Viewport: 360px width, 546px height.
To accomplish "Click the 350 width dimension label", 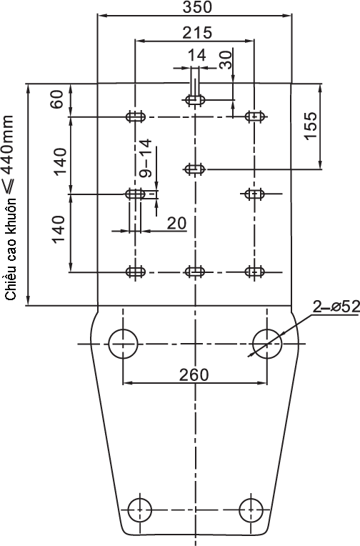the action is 197,7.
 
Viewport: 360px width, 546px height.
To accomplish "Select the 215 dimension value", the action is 197,32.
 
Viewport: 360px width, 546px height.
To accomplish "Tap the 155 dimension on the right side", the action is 311,126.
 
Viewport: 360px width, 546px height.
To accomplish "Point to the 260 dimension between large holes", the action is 194,374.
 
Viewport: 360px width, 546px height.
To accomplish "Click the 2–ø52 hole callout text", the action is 336,307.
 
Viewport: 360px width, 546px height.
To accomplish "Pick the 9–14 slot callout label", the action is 146,159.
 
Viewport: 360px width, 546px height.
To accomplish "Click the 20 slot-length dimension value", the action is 176,223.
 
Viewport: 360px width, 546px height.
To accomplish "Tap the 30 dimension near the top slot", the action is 226,59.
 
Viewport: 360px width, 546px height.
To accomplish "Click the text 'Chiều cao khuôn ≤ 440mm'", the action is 10,208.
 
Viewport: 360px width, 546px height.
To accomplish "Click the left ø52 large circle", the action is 123,344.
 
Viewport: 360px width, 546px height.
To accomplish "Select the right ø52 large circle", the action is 267,344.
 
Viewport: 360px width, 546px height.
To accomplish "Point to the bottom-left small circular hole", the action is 139,510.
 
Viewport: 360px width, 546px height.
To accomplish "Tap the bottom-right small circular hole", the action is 251,510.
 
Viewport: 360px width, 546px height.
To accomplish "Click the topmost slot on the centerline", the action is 195,100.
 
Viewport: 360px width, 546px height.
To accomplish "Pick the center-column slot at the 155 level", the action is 195,169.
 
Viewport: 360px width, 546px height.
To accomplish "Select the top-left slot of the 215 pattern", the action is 135,116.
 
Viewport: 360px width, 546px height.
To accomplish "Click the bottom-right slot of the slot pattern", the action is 255,272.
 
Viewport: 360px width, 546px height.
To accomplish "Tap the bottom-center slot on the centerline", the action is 195,272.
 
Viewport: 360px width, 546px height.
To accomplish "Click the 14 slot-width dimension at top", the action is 197,55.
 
